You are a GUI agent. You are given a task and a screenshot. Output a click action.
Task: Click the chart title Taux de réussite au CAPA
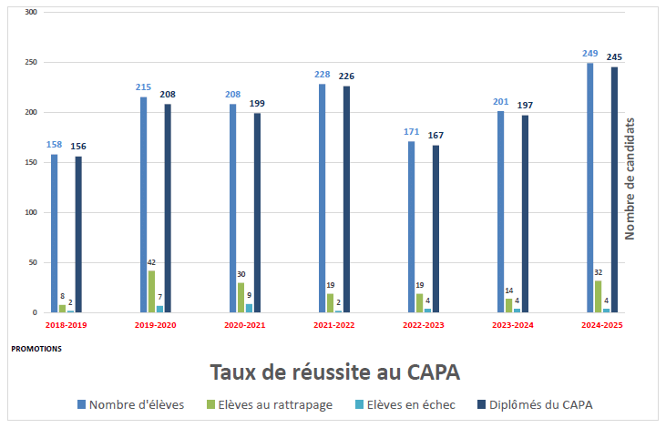pos(334,372)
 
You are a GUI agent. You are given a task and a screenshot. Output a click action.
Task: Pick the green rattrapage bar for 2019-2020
pos(151,291)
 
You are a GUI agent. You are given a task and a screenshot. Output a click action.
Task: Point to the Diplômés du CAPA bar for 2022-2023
pos(435,229)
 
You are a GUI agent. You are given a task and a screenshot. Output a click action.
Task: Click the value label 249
pos(590,54)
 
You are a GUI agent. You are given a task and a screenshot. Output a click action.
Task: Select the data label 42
pos(151,262)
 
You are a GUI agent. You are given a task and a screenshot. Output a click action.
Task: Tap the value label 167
pos(435,136)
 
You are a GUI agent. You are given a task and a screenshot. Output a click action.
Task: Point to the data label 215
pos(143,87)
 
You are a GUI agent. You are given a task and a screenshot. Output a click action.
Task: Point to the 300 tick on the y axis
pos(32,13)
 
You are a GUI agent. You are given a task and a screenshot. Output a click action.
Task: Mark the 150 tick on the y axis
pos(32,163)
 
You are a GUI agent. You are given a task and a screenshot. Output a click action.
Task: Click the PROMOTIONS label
pos(36,348)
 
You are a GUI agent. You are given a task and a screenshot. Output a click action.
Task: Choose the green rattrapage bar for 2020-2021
pos(241,298)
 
